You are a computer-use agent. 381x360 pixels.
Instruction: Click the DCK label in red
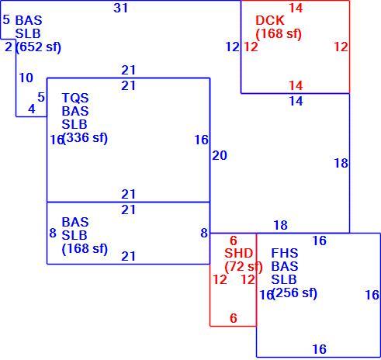click(270, 20)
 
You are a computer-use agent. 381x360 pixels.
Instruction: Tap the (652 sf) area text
click(39, 47)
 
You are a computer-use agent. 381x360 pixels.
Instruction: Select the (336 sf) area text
click(85, 137)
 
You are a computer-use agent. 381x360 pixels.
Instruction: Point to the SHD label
click(238, 253)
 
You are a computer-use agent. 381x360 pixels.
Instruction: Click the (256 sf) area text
click(295, 292)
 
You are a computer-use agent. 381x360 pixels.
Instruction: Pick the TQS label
click(75, 98)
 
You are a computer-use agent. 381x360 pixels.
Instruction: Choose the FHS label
click(285, 253)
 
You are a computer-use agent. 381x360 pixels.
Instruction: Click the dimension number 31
click(121, 8)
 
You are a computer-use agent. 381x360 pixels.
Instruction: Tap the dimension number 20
click(220, 155)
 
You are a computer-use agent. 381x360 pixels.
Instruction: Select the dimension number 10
click(26, 78)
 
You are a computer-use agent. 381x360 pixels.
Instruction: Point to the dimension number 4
click(32, 109)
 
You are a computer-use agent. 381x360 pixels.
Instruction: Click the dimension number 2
click(9, 47)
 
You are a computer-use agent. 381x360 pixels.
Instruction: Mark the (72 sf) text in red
click(244, 267)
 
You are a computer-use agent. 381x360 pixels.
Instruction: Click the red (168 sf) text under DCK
click(279, 34)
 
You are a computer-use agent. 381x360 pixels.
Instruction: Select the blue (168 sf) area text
click(85, 249)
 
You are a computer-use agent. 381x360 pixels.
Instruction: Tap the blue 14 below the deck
click(296, 101)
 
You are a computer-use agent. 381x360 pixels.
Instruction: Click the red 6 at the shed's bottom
click(234, 318)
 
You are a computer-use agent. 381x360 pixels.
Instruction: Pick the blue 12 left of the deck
click(233, 47)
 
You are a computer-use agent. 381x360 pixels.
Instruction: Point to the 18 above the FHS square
click(281, 225)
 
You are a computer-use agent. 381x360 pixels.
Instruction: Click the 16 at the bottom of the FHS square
click(320, 349)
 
